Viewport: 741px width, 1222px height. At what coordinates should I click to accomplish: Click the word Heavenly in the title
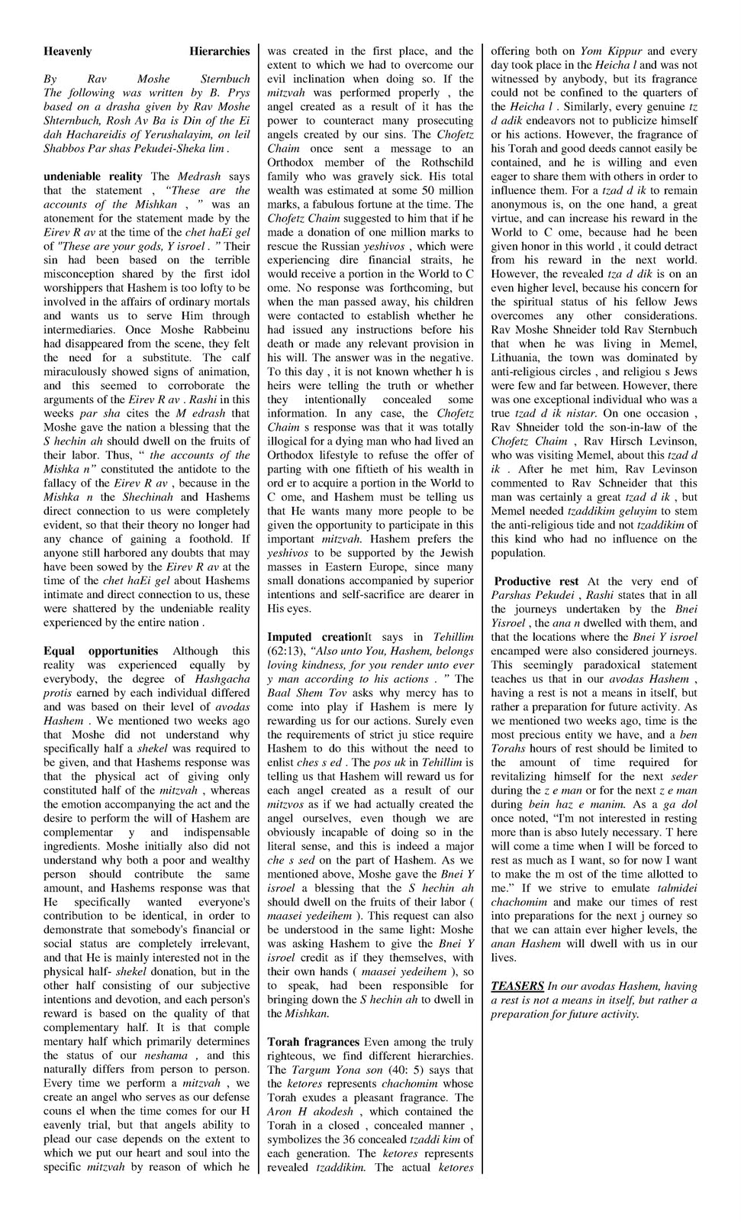pyautogui.click(x=67, y=51)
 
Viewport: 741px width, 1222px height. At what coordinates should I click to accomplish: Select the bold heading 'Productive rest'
pyautogui.click(x=536, y=581)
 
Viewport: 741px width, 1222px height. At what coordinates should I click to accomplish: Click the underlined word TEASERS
pyautogui.click(x=517, y=986)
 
